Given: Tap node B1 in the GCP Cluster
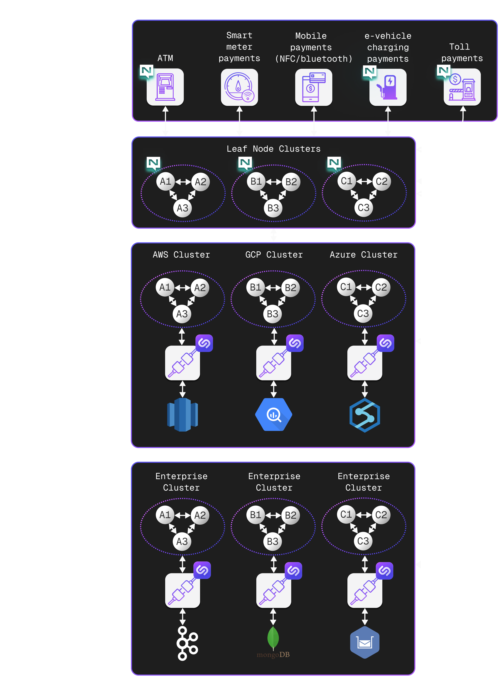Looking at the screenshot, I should click(x=255, y=287).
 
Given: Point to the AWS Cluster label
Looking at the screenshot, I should click(x=181, y=255).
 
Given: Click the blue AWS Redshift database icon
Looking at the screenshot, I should click(x=182, y=414).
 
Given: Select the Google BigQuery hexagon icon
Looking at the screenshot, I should click(x=273, y=414).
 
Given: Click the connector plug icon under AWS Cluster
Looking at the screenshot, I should click(x=182, y=363).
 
